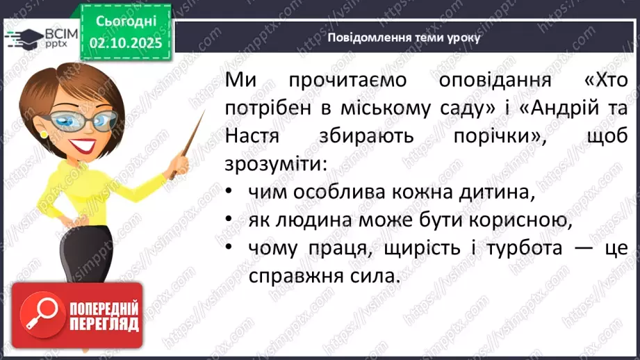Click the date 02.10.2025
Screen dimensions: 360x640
click(126, 43)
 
